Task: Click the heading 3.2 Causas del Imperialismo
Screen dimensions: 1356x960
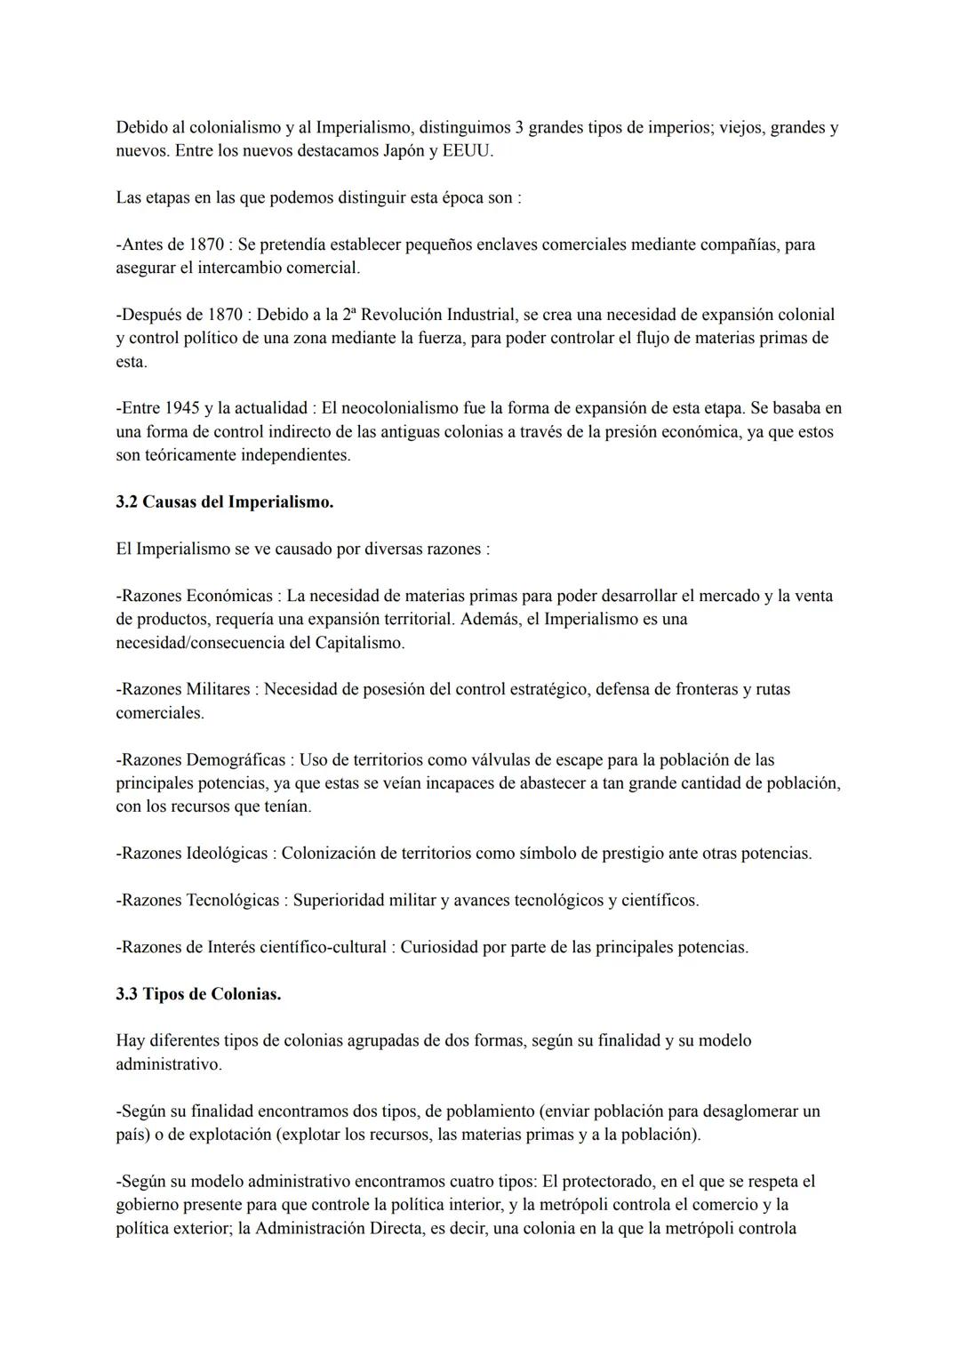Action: [x=225, y=501]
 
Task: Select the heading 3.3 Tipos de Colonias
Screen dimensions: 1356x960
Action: [x=198, y=994]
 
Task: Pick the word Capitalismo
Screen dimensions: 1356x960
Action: [x=359, y=642]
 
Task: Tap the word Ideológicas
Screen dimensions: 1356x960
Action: [x=227, y=854]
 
